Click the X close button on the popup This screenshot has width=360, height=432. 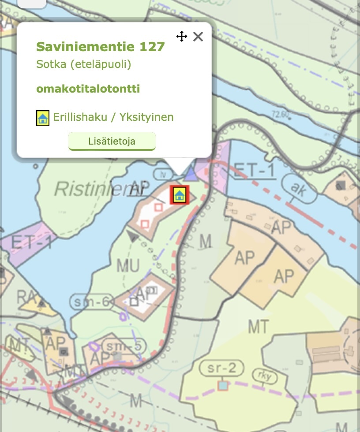(198, 37)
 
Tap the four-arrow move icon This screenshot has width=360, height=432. (182, 37)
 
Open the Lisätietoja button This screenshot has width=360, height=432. (112, 142)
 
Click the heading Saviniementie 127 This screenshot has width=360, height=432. (101, 47)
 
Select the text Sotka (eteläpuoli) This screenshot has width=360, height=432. (84, 64)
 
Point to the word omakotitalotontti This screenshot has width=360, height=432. (88, 89)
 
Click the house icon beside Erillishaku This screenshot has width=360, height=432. (42, 118)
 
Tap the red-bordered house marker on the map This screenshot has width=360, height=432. (179, 195)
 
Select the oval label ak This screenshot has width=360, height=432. (300, 188)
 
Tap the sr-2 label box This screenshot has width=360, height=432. (221, 369)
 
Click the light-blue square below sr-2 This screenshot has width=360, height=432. (223, 386)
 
